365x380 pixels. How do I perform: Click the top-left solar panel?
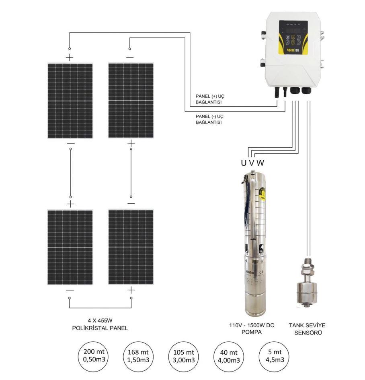pyautogui.click(x=70, y=101)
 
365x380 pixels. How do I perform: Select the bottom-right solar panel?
pyautogui.click(x=131, y=247)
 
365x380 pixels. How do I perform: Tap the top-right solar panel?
pyautogui.click(x=131, y=101)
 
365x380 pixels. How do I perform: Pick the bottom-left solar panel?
pyautogui.click(x=70, y=247)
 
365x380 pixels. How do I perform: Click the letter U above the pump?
pyautogui.click(x=243, y=163)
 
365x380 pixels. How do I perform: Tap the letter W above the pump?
pyautogui.click(x=260, y=163)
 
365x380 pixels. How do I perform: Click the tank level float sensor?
pyautogui.click(x=308, y=284)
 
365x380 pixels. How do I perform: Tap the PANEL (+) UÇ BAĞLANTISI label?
pyautogui.click(x=209, y=99)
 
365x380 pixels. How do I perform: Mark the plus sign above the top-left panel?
pyautogui.click(x=70, y=57)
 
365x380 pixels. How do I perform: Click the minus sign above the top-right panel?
pyautogui.click(x=130, y=57)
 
